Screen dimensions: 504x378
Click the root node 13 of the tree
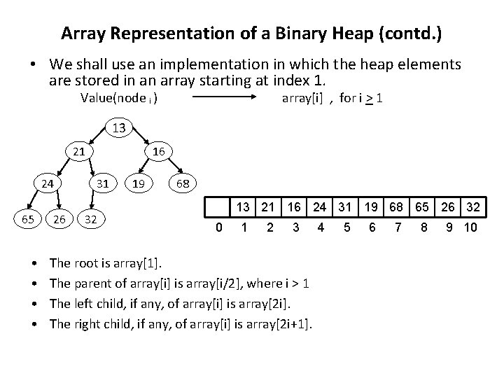(x=119, y=128)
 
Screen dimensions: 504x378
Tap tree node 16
(x=158, y=151)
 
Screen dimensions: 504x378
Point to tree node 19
(x=138, y=184)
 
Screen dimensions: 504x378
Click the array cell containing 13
(x=244, y=207)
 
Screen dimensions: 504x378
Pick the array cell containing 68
(x=395, y=207)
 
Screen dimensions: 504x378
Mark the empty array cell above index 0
(x=218, y=207)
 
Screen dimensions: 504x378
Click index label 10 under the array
(x=470, y=227)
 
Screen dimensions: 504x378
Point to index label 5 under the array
(x=346, y=227)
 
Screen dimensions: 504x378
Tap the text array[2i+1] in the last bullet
(x=280, y=323)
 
